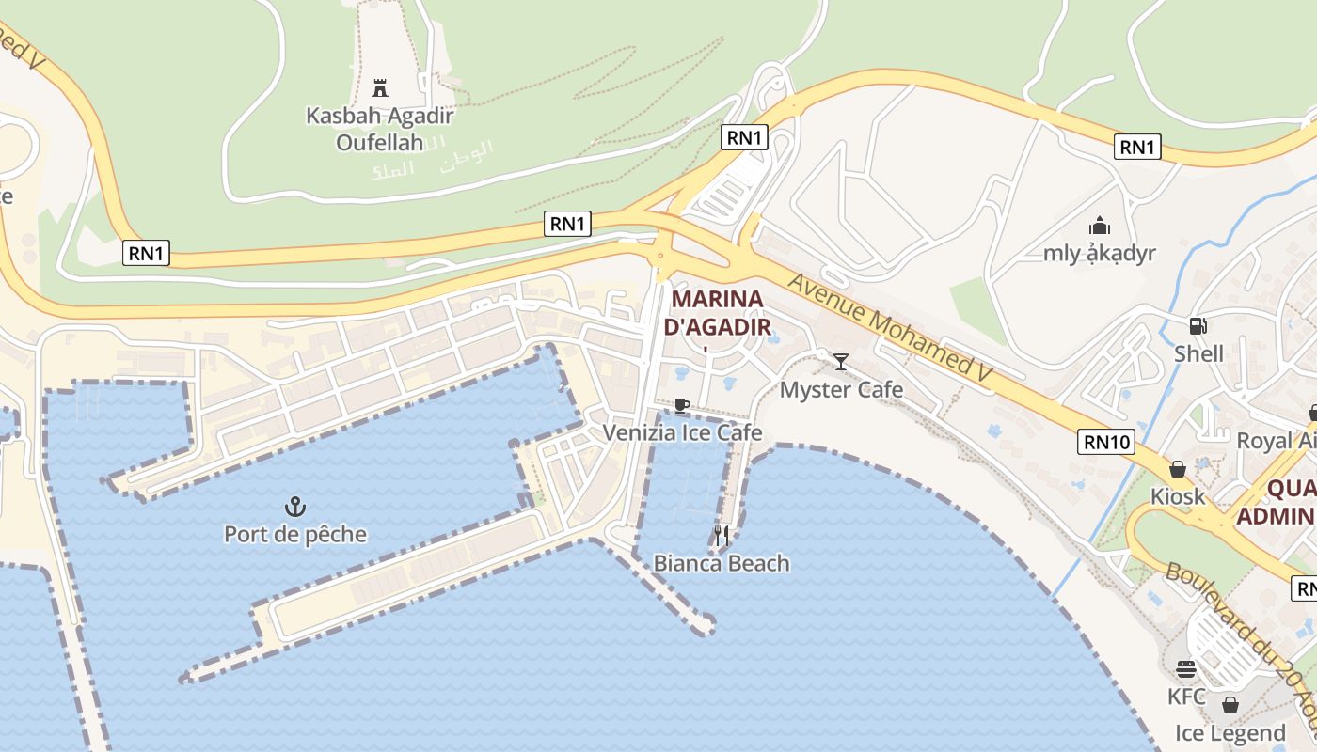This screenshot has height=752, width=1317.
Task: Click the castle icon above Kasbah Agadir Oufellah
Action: tap(380, 88)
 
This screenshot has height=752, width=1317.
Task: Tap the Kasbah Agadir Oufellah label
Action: tap(380, 129)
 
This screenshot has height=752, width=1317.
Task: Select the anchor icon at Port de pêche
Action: tap(295, 508)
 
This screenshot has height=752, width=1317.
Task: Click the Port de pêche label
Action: tap(295, 535)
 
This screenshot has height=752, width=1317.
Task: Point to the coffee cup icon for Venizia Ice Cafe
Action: tap(682, 406)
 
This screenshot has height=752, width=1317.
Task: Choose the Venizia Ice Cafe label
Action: tap(682, 432)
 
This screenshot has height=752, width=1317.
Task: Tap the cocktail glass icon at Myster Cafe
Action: tap(841, 362)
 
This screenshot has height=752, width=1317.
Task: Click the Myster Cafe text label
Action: tap(841, 389)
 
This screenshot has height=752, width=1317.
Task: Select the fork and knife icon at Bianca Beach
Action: tap(722, 536)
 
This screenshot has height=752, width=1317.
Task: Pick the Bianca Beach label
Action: tap(722, 563)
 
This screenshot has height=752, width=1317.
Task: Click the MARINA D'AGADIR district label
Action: tap(718, 313)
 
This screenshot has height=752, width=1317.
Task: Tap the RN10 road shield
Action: tap(1105, 442)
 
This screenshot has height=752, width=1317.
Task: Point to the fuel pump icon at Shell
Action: tap(1198, 326)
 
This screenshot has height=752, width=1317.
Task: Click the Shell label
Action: tap(1198, 354)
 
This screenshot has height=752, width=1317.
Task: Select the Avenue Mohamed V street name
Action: tap(891, 327)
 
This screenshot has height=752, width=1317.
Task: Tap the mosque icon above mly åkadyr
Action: tap(1099, 227)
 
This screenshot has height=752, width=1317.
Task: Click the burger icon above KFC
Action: tap(1185, 669)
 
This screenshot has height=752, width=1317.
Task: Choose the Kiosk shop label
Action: tap(1177, 495)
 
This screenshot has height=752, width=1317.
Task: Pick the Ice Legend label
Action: tap(1230, 733)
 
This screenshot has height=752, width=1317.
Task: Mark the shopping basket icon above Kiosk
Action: tap(1177, 468)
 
